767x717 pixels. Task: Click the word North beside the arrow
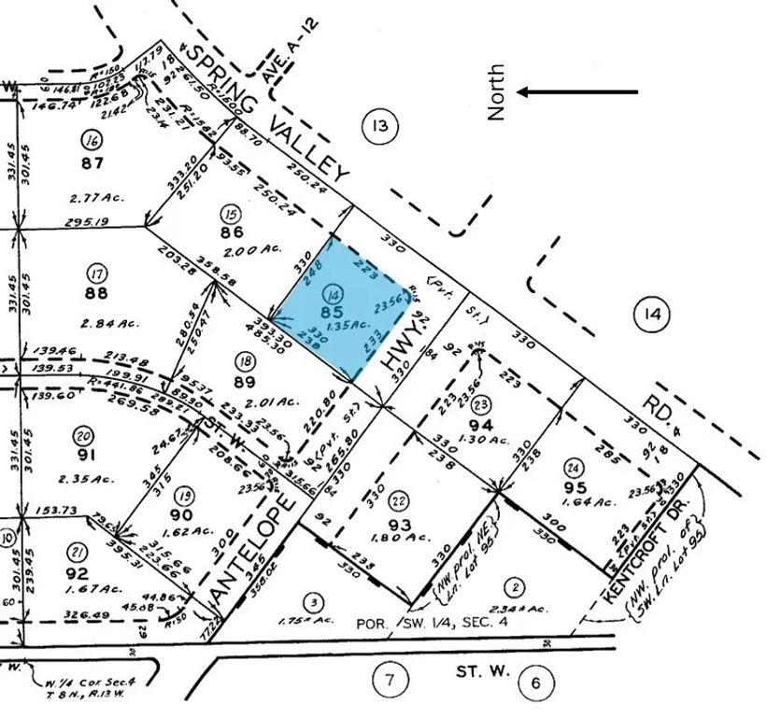[x=497, y=91]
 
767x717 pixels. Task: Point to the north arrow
[x=579, y=91]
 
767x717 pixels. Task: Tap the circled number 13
[x=378, y=126]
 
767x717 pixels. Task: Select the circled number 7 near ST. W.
[x=388, y=679]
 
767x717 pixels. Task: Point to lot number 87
[x=92, y=162]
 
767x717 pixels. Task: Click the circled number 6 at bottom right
[x=535, y=682]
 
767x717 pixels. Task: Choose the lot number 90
[x=180, y=516]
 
